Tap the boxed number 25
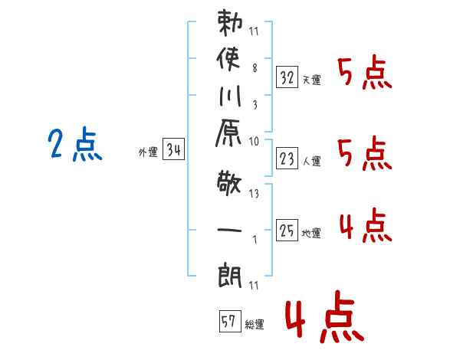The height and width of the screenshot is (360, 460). (x=287, y=230)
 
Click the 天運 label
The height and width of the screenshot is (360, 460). (x=312, y=80)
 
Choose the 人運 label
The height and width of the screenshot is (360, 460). (x=312, y=162)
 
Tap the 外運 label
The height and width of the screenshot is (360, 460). (x=148, y=153)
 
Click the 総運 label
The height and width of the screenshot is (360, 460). (x=255, y=325)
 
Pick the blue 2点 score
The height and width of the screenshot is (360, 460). (x=75, y=145)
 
